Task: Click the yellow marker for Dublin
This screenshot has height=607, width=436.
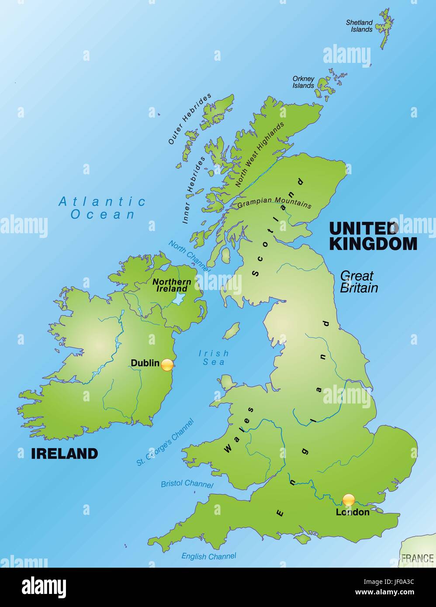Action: coord(167,365)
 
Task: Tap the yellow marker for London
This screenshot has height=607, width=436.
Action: coord(349,500)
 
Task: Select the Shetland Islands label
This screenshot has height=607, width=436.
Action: coord(360,26)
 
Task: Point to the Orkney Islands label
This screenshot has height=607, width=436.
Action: coord(304,82)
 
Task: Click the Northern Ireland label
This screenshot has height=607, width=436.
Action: coord(172,285)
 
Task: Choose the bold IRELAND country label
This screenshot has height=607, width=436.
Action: coord(64,454)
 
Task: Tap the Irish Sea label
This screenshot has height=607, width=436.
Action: coord(214,358)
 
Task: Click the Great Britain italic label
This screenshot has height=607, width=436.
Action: coord(358,282)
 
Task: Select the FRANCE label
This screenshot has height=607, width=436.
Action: coord(417,558)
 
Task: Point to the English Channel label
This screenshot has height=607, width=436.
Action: coord(209,556)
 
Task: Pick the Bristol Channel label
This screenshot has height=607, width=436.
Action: coord(187,484)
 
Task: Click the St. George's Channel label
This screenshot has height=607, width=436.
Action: coord(165,442)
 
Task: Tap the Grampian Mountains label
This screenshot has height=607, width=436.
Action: coord(274,203)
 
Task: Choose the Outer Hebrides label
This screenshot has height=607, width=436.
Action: coord(190,119)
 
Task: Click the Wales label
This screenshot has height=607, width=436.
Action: coord(239,430)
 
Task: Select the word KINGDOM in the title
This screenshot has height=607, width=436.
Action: coord(373,244)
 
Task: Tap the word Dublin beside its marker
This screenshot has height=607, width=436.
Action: coord(145,363)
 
